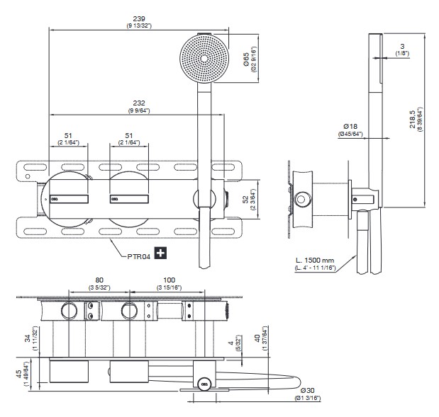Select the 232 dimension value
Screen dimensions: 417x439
139,103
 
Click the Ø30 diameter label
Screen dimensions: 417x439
307,390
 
